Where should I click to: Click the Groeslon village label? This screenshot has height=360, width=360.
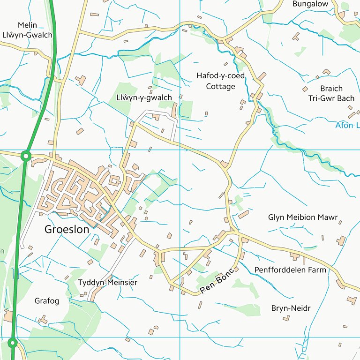point(67,230)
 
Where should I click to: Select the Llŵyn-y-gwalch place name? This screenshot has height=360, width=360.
point(144,97)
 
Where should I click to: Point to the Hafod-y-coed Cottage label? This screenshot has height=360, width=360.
point(220,81)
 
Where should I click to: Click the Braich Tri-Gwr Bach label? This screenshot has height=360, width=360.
point(331,93)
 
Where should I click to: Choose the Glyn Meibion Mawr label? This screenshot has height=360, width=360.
point(303,217)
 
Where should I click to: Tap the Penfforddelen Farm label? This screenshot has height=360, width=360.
point(290,270)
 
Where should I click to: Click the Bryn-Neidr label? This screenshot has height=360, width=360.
point(291,308)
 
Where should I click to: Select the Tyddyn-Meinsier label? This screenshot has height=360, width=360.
point(108,283)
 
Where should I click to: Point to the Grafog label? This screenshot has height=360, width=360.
point(47,301)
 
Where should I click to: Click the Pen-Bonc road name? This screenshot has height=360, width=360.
point(217,284)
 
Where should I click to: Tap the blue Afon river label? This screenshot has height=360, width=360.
point(347,126)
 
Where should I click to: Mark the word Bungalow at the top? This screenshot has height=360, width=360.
point(310,4)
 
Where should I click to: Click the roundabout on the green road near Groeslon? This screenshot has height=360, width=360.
point(26,156)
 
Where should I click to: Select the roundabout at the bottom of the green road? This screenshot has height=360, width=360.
point(12,343)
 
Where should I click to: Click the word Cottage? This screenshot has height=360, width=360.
point(220,86)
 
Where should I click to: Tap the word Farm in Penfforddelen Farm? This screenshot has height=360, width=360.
point(317,270)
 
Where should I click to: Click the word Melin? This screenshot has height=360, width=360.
point(27,25)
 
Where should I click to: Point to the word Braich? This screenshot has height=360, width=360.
point(331,89)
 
